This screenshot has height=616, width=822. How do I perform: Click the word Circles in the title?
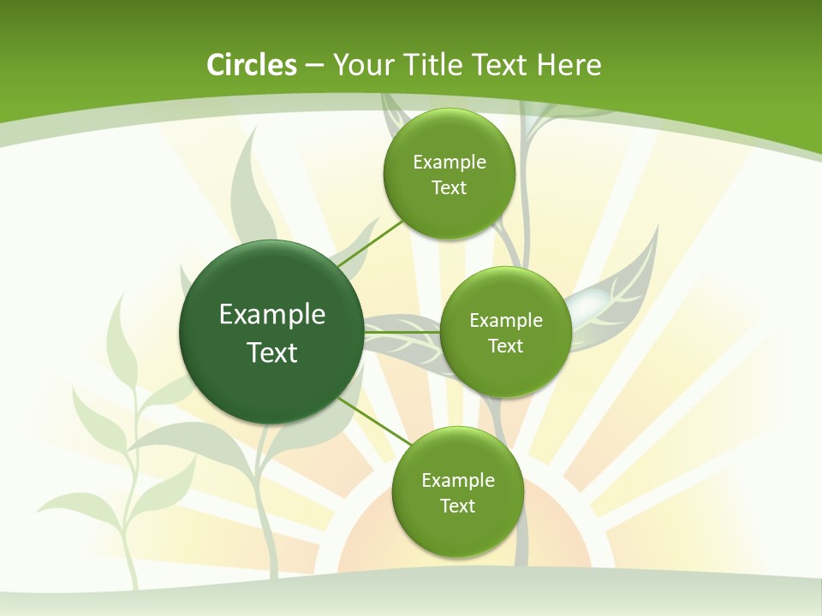tap(252, 65)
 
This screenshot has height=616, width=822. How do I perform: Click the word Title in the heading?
tap(435, 65)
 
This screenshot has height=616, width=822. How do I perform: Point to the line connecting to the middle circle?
tap(402, 332)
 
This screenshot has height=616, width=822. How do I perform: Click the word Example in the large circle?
tap(272, 315)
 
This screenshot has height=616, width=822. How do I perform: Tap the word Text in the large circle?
tap(272, 352)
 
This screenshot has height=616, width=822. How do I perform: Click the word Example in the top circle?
tap(450, 163)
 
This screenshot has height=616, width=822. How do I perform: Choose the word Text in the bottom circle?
tap(457, 506)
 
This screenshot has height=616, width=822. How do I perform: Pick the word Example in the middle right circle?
tap(506, 321)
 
